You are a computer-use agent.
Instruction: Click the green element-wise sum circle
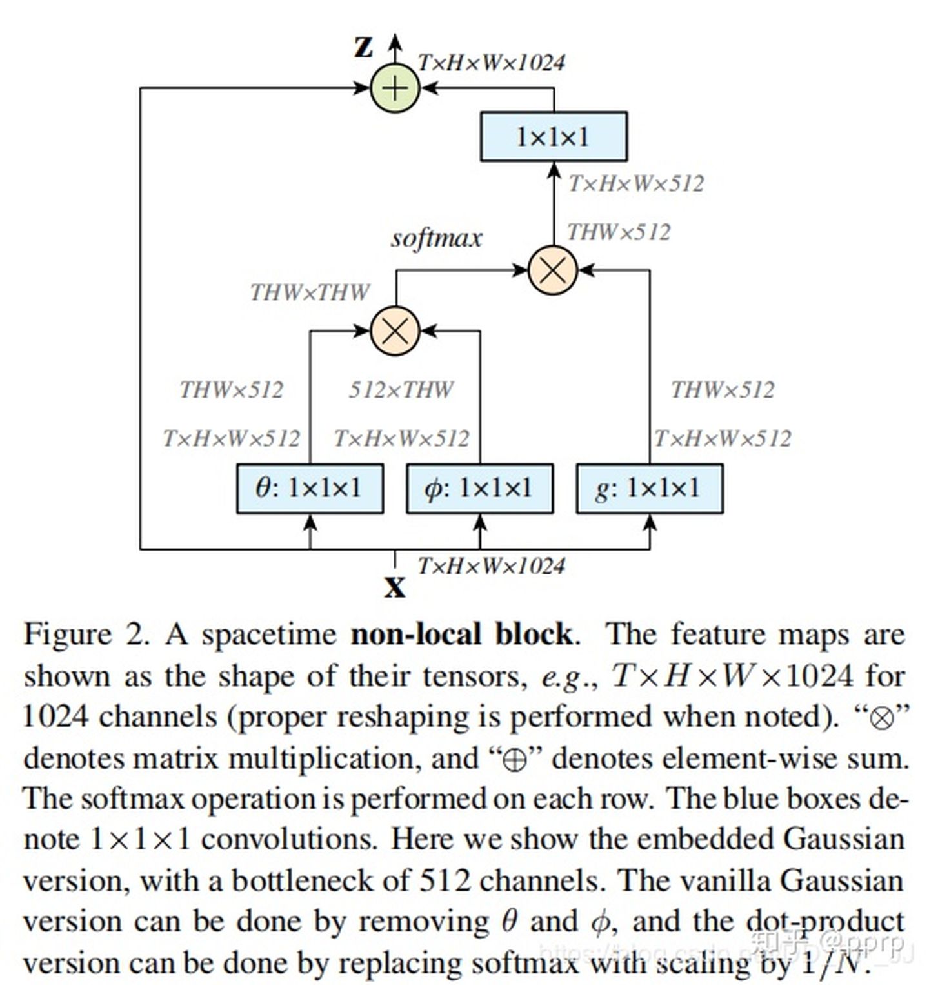click(x=395, y=88)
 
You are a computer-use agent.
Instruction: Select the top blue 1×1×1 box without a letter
click(x=554, y=137)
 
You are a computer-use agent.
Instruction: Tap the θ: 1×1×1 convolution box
click(x=310, y=489)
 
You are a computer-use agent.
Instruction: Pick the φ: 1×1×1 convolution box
click(x=479, y=489)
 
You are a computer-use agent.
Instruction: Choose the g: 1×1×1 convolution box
click(x=649, y=489)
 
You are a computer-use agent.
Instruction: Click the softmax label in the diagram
click(x=436, y=238)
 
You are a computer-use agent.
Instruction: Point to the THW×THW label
click(x=310, y=292)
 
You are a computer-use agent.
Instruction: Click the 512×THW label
click(x=401, y=389)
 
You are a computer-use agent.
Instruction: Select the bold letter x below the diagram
click(x=395, y=587)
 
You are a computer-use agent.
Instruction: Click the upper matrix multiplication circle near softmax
click(x=552, y=270)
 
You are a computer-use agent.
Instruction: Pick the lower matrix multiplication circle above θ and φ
click(x=395, y=331)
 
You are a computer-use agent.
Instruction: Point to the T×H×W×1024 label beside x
click(x=492, y=566)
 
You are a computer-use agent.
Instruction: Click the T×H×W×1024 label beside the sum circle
click(x=492, y=63)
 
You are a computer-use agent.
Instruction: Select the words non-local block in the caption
click(x=461, y=635)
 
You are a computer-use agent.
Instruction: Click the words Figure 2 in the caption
click(x=86, y=635)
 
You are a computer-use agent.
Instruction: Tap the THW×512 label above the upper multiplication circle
click(x=619, y=232)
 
